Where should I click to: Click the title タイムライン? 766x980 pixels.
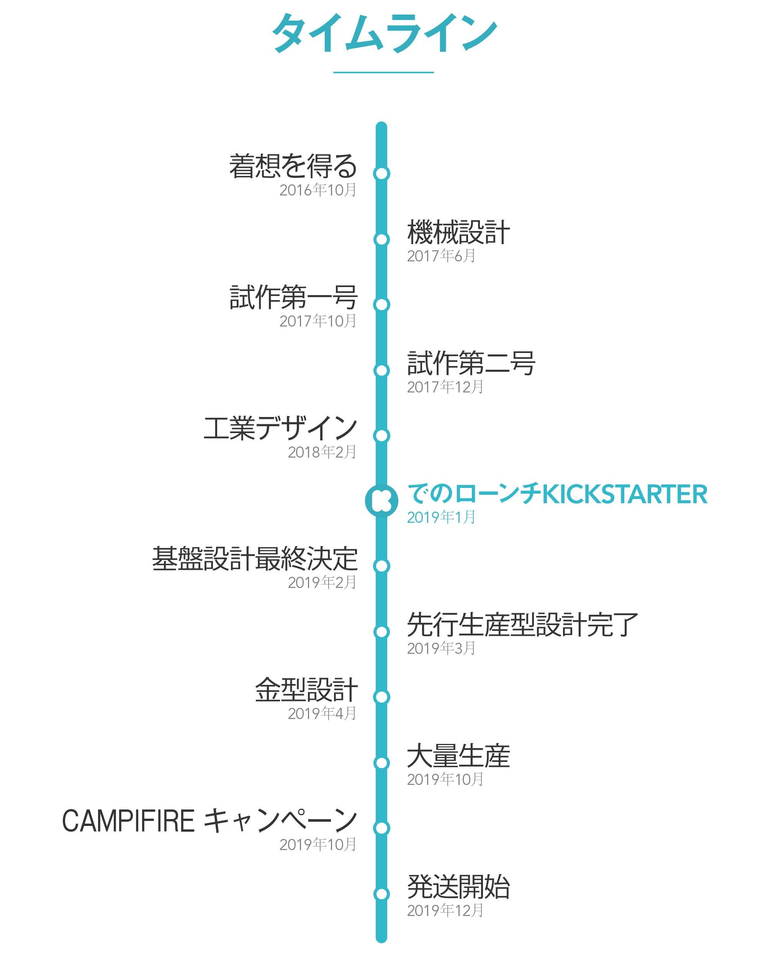tap(383, 34)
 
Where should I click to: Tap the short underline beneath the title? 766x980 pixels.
tap(383, 72)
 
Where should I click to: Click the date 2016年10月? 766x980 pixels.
tap(318, 190)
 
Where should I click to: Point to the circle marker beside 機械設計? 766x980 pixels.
tap(381, 239)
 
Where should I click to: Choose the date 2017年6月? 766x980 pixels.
tap(441, 256)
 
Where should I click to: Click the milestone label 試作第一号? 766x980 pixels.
tap(293, 297)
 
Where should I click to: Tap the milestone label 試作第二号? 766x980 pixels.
tap(471, 363)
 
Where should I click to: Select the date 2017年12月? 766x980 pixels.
tap(445, 387)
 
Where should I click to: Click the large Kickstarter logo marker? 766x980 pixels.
tap(381, 501)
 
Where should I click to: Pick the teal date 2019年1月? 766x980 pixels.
tap(441, 517)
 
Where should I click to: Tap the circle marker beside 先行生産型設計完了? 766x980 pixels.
tap(381, 632)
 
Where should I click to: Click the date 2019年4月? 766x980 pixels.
tap(322, 714)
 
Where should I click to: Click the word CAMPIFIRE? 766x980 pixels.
tap(128, 821)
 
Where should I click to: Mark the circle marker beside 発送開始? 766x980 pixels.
tap(381, 894)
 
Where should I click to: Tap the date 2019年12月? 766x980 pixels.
tap(445, 911)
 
